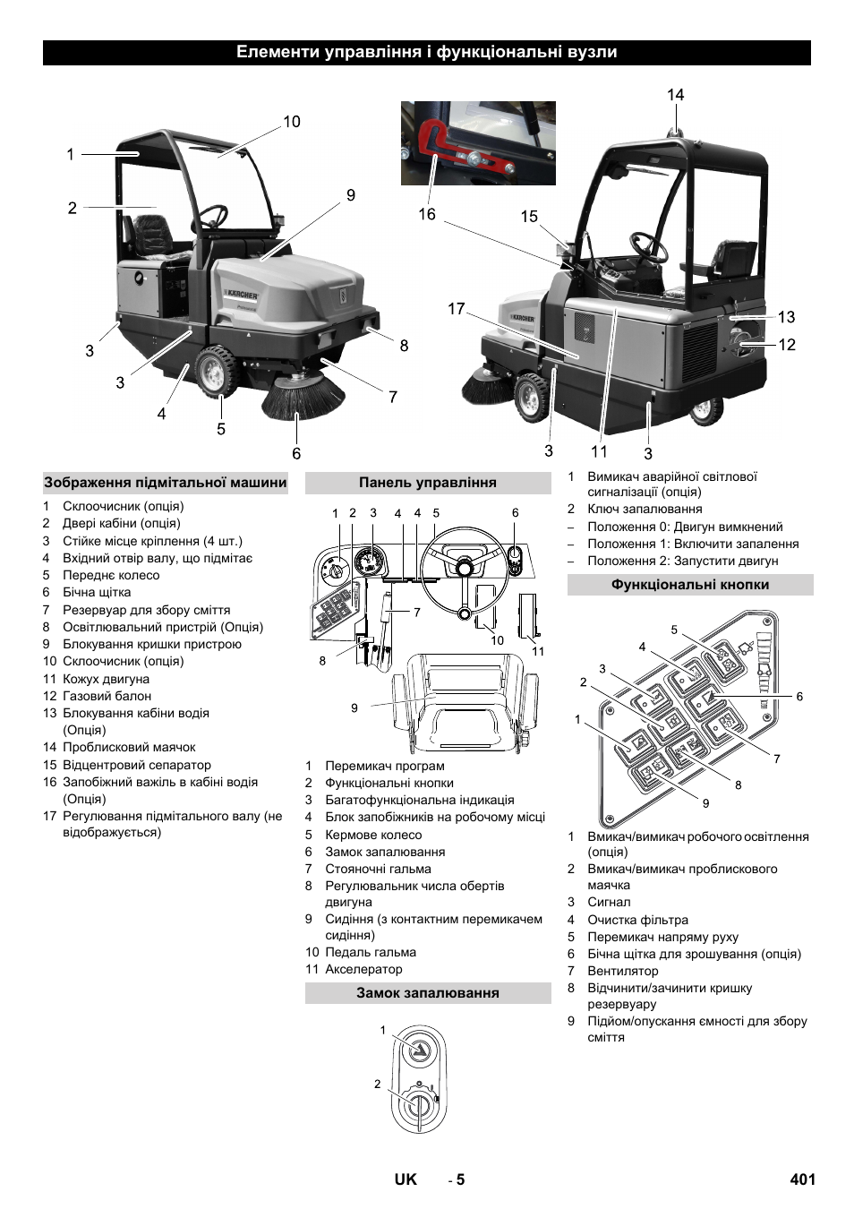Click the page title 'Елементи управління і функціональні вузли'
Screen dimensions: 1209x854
[426, 52]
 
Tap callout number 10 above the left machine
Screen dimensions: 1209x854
[292, 122]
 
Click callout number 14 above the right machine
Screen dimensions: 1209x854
[675, 95]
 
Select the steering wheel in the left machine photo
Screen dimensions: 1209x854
[213, 216]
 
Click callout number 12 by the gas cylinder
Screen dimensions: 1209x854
[787, 345]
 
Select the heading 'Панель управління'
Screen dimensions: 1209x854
[427, 483]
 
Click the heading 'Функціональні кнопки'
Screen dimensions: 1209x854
[689, 585]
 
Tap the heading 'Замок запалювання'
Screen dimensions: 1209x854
[427, 993]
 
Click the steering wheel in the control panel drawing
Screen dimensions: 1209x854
[464, 566]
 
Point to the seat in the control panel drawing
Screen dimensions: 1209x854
[465, 703]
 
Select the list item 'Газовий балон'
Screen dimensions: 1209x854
[107, 696]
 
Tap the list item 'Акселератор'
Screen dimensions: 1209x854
[363, 969]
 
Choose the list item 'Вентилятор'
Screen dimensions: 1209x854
[622, 971]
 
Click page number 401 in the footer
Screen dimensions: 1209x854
[802, 1179]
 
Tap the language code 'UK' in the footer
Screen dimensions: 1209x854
[406, 1179]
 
